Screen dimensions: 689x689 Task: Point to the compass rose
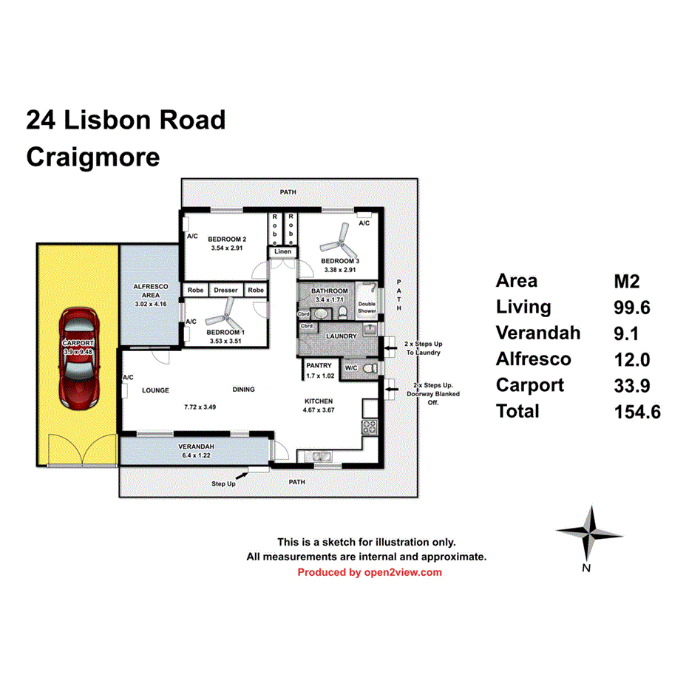(589, 532)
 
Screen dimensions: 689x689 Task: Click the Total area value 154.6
(637, 411)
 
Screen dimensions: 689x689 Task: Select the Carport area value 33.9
(633, 385)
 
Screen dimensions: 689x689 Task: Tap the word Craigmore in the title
(93, 157)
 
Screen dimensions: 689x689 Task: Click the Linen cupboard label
(283, 252)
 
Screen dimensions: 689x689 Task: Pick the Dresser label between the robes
(225, 291)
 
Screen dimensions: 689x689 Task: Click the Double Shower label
(367, 308)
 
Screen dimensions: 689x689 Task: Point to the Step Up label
(224, 484)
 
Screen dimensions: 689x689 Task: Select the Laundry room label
(342, 336)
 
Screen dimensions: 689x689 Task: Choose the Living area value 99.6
(633, 307)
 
